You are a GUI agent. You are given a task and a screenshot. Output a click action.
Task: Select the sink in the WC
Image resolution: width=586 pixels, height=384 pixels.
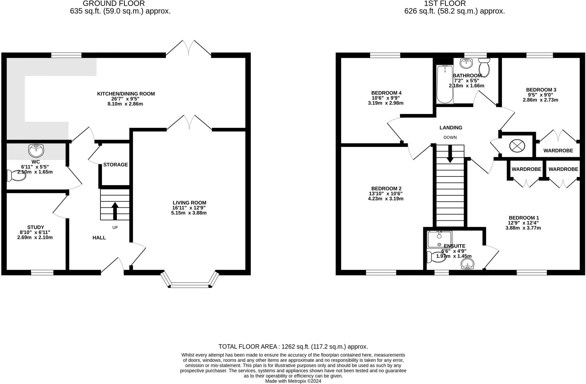[36, 151]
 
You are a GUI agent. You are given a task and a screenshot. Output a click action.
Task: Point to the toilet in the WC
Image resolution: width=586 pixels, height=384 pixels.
[16, 176]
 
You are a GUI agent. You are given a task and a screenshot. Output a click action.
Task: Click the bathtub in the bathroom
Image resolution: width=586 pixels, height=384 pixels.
[445, 84]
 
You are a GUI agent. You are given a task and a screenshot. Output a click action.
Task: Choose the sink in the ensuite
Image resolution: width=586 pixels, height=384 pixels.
[467, 264]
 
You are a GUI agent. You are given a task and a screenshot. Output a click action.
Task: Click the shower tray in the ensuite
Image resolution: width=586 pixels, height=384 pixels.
[439, 239]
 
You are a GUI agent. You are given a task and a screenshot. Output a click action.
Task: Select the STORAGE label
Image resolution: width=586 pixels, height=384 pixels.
[116, 165]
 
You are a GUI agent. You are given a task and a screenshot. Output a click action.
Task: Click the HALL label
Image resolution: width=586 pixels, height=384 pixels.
[99, 238]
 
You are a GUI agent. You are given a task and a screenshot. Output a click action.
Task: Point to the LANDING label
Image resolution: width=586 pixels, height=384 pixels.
[451, 128]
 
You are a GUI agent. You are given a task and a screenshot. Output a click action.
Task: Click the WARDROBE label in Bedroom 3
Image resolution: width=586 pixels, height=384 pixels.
[558, 151]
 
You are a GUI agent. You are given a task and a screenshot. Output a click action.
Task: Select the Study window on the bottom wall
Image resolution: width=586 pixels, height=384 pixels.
[42, 273]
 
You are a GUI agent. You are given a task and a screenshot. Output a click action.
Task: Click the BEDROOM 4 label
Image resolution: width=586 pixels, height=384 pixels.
[386, 93]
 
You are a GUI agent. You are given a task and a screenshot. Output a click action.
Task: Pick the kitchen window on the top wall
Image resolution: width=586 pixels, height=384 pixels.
[66, 55]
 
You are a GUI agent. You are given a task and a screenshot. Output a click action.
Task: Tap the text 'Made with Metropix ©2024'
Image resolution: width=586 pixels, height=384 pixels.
[293, 381]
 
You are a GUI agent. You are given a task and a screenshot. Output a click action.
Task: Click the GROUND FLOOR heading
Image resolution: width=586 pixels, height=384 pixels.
[114, 4]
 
